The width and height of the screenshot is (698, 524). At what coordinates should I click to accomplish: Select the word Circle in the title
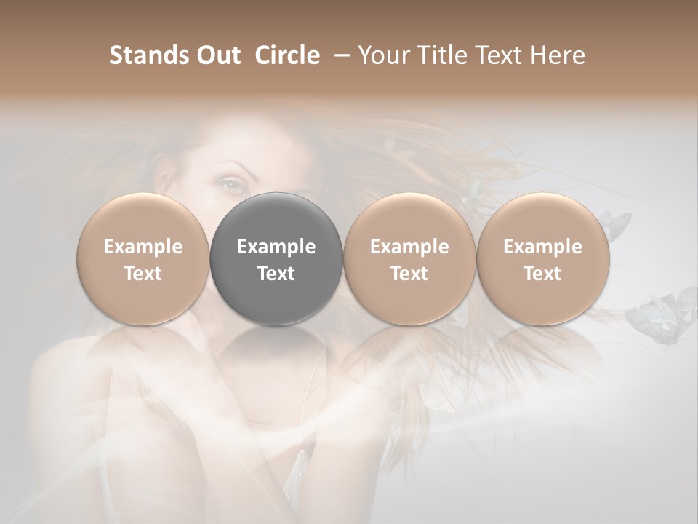coord(287,55)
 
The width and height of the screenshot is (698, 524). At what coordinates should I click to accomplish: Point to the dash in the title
coord(339,55)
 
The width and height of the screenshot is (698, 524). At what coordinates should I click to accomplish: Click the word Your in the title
coord(383,55)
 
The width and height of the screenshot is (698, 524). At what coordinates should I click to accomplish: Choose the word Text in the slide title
coord(494,55)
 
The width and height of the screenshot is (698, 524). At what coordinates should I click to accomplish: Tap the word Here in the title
coord(556,55)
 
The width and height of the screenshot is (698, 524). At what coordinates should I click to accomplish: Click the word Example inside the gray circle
coord(276,247)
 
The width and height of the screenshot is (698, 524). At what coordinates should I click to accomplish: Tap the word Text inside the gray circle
coord(276,274)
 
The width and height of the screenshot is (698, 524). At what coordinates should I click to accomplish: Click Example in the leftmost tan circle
coord(143,247)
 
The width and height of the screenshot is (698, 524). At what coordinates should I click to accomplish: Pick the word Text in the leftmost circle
coord(143,274)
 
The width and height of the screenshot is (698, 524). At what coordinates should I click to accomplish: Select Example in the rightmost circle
coord(542,247)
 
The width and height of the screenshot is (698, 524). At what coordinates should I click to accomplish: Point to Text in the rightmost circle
coord(542,274)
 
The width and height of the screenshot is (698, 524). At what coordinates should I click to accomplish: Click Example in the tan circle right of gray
coord(409,247)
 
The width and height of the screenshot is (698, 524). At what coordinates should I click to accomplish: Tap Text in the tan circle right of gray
coord(409,274)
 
